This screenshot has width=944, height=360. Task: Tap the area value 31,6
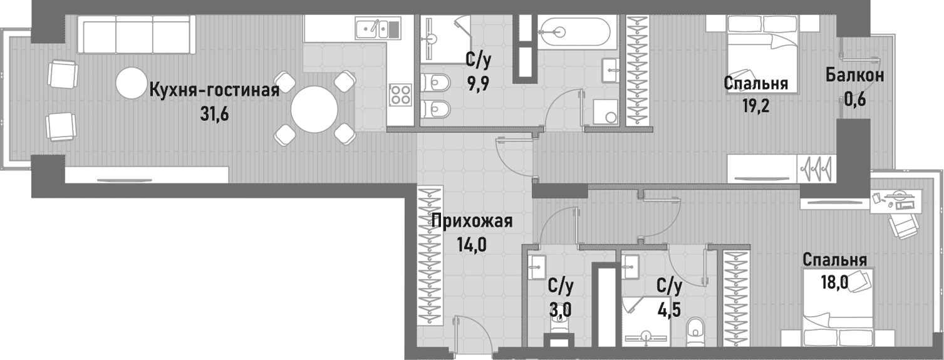[213, 116]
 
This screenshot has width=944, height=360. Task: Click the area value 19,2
[755, 105]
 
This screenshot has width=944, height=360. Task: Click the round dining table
[314, 109]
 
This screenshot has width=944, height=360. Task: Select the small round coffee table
[132, 83]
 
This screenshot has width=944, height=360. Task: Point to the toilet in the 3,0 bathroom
[559, 326]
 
